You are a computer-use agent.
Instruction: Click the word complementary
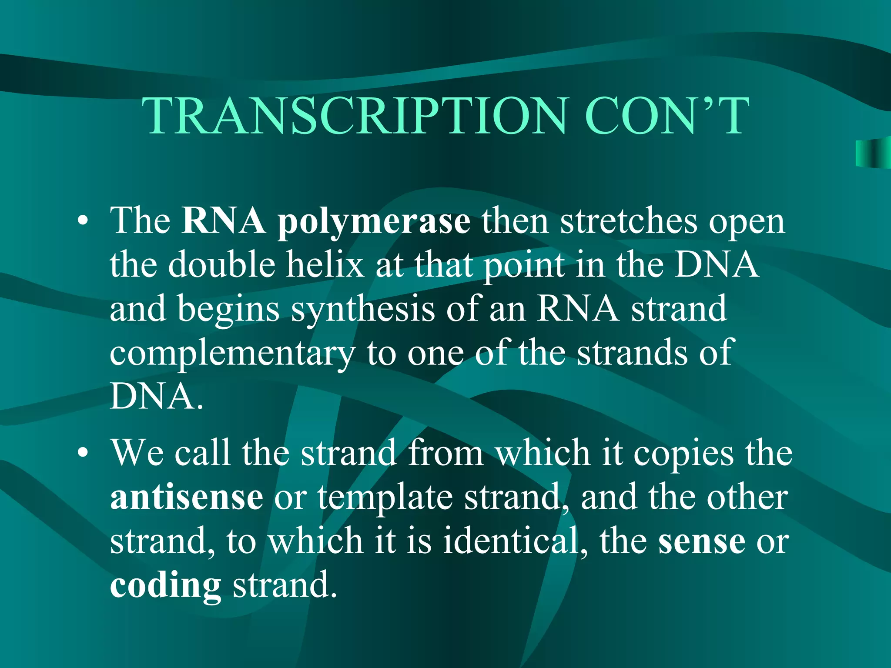(x=232, y=354)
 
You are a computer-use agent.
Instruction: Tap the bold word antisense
(x=187, y=497)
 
